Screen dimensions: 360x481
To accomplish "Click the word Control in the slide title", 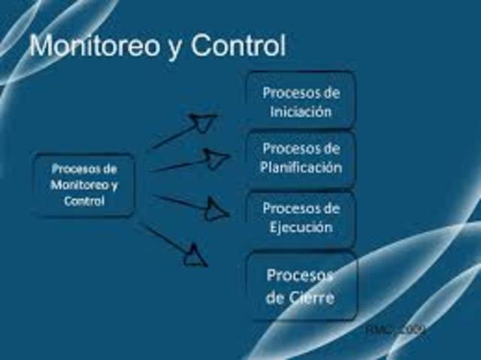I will pyautogui.click(x=238, y=46).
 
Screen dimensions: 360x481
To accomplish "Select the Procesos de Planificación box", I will pyautogui.click(x=301, y=157).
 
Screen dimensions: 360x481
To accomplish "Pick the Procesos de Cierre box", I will pyautogui.click(x=301, y=286).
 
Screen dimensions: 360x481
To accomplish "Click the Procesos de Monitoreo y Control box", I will pyautogui.click(x=84, y=184).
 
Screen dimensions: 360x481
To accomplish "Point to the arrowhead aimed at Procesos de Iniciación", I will pyautogui.click(x=203, y=121).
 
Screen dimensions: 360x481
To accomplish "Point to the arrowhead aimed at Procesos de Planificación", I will pyautogui.click(x=217, y=159).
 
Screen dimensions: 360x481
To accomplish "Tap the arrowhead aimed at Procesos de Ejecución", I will pyautogui.click(x=216, y=210).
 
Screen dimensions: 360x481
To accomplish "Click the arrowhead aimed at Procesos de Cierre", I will pyautogui.click(x=195, y=256).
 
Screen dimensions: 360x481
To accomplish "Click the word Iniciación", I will pyautogui.click(x=301, y=112).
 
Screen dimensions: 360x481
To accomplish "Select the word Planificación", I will pyautogui.click(x=301, y=167).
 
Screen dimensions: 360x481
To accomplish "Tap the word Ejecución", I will pyautogui.click(x=301, y=226).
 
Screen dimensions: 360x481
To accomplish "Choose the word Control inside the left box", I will pyautogui.click(x=84, y=201).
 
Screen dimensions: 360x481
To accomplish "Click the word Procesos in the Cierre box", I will pyautogui.click(x=300, y=274).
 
